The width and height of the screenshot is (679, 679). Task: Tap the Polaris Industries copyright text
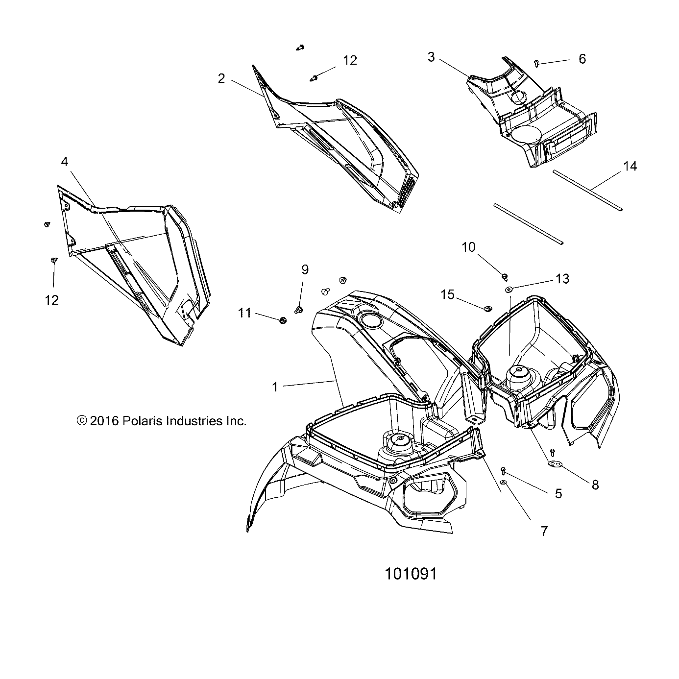point(162,420)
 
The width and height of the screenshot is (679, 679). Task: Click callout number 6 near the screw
point(582,59)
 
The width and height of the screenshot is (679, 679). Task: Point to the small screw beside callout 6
point(537,63)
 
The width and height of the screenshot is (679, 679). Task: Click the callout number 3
point(431,57)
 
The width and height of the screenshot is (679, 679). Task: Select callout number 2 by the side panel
point(221,78)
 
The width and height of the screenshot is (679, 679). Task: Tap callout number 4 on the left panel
point(65,162)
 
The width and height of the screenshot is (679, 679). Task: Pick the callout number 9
point(305,269)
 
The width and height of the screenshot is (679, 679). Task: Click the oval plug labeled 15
point(487,308)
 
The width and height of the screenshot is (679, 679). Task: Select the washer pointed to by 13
point(509,290)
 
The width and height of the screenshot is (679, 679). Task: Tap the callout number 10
point(469,247)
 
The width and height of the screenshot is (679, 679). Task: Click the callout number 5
point(558,493)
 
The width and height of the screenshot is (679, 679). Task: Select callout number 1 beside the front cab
point(275,387)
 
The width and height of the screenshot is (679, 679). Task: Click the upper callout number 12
point(350,60)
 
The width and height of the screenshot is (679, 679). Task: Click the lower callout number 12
point(51,300)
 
